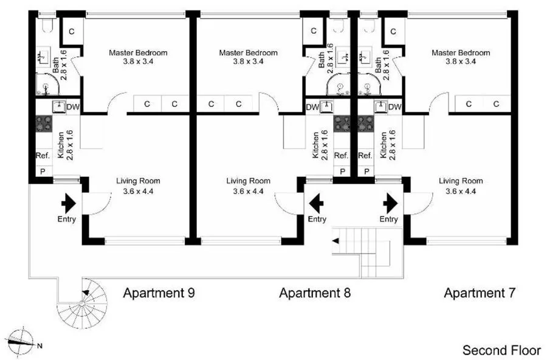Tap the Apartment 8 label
315,294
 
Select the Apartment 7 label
480,294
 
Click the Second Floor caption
501,350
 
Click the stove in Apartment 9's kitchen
44,125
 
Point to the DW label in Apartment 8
312,107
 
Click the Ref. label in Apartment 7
365,156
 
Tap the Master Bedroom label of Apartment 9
138,53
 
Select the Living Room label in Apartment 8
248,181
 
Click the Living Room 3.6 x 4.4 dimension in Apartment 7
461,191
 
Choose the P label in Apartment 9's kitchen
43,171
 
